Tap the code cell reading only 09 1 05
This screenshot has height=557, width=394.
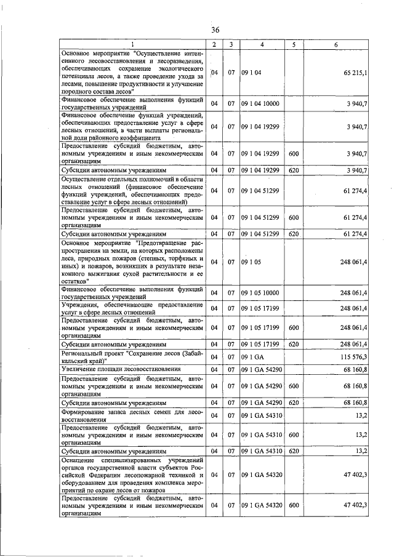pos(252,262)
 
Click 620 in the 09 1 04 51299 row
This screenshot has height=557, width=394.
pos(294,234)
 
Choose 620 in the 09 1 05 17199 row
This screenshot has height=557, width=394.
pos(294,344)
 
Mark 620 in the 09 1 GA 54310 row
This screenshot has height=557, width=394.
pos(294,451)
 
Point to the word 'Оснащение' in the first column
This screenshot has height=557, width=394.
pos(79,460)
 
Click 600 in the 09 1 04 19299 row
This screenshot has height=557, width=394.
pos(294,153)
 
